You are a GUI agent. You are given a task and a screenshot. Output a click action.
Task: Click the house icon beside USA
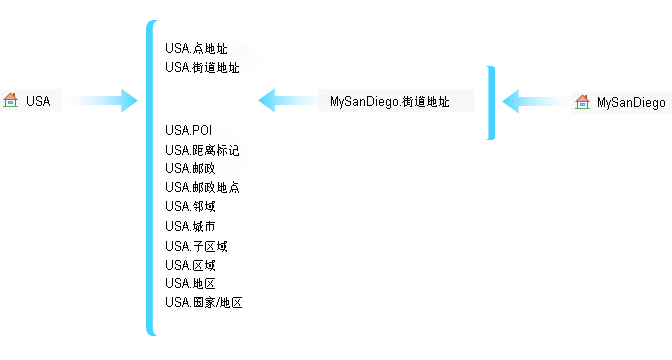(x=10, y=100)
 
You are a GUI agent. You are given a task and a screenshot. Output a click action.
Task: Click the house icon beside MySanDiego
(x=582, y=102)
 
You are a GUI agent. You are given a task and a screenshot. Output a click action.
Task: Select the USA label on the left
(x=38, y=101)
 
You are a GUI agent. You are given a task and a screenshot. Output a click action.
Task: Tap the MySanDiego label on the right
(x=631, y=103)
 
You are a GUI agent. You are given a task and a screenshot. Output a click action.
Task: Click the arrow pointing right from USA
(x=104, y=101)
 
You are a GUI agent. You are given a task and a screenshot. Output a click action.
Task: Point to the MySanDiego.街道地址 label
(x=390, y=102)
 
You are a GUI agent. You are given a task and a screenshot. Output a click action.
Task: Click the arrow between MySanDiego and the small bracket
(x=536, y=101)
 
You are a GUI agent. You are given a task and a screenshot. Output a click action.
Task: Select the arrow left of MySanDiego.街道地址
(x=288, y=100)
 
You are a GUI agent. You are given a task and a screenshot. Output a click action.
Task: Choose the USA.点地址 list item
(x=196, y=48)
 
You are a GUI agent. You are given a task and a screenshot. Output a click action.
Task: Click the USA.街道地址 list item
(x=202, y=67)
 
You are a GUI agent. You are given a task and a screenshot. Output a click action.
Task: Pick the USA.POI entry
(x=189, y=130)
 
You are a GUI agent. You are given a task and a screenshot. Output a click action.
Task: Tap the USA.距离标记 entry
(x=202, y=150)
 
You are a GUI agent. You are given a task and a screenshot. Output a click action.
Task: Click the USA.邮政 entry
(x=190, y=168)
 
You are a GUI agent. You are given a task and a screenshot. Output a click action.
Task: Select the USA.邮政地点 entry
(x=202, y=187)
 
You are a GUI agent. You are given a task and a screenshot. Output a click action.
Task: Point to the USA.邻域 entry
(x=190, y=207)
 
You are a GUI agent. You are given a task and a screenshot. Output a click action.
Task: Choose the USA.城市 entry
(x=190, y=226)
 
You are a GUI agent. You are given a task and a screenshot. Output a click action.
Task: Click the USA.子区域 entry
(x=196, y=246)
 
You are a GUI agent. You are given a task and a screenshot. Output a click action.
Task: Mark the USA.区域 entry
(x=190, y=265)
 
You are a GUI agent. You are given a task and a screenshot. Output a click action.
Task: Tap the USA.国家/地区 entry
(x=204, y=303)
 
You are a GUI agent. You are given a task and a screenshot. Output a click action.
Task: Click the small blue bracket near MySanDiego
(x=492, y=103)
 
